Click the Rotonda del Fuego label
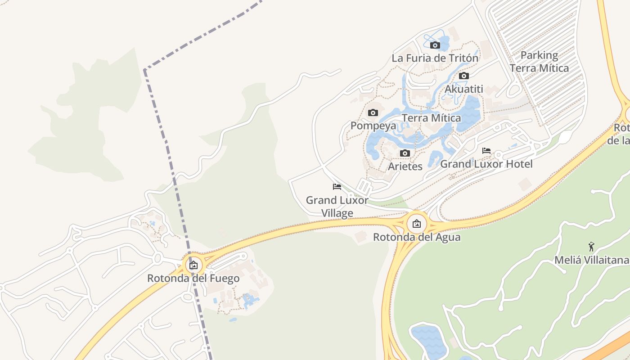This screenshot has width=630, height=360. (x=193, y=279)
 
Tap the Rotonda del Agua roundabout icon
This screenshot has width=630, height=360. (x=417, y=223)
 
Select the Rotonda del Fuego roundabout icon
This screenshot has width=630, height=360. (x=193, y=265)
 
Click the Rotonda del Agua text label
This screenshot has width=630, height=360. (x=417, y=237)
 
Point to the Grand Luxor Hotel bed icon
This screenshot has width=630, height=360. (x=486, y=151)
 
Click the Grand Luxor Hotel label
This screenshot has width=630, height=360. (x=486, y=164)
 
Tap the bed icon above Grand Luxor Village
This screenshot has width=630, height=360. (x=337, y=187)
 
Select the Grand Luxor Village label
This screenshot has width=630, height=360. (x=337, y=207)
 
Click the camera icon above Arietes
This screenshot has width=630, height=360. (x=405, y=153)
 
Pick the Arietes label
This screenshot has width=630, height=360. (x=405, y=166)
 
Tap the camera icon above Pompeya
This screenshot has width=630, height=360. (x=373, y=112)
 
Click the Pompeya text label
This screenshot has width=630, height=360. (x=373, y=126)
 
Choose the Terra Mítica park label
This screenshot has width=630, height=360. (x=431, y=118)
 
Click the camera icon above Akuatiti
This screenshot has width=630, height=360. (x=464, y=76)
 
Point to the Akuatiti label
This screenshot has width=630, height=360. (x=463, y=89)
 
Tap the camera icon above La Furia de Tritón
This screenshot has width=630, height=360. (x=435, y=45)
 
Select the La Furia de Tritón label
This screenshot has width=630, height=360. (x=435, y=58)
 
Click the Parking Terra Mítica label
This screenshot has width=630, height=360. (x=539, y=62)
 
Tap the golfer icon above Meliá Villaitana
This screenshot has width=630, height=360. (x=591, y=247)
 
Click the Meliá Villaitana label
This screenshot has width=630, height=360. (x=591, y=260)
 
